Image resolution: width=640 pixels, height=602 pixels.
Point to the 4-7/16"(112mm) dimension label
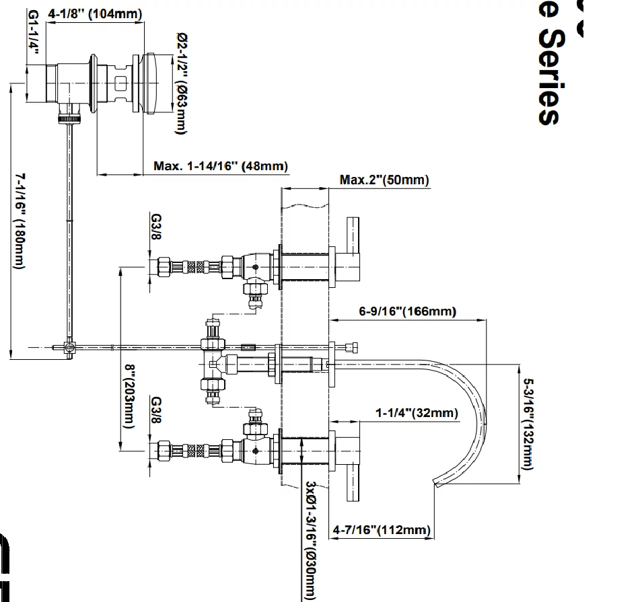381,530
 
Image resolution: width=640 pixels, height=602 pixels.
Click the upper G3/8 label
155,230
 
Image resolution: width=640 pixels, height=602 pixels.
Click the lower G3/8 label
155,410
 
